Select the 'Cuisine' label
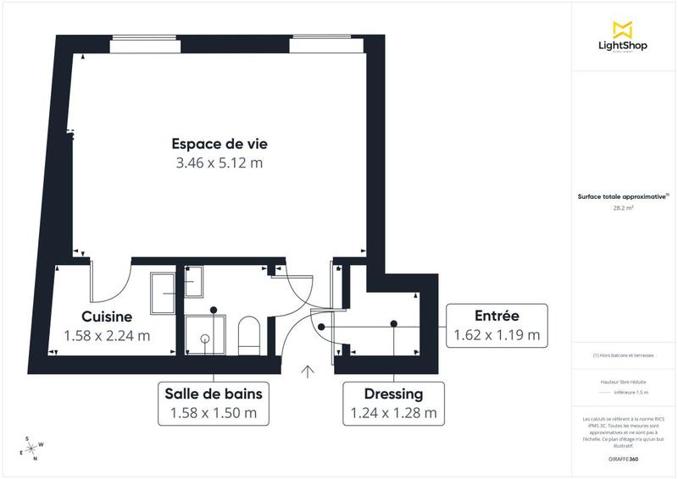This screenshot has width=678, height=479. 107,317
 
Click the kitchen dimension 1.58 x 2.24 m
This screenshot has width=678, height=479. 107,335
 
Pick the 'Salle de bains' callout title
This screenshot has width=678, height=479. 213,394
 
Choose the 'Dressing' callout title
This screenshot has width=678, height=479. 393,394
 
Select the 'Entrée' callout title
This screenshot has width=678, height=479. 497,316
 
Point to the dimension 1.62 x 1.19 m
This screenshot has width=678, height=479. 497,334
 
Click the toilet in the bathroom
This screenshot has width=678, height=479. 249,333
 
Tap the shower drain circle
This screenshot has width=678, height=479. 205,337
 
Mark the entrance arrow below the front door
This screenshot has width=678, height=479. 308,370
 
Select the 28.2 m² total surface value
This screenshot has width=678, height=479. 623,207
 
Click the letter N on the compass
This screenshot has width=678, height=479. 36,459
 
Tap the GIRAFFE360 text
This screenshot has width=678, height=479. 623,459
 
